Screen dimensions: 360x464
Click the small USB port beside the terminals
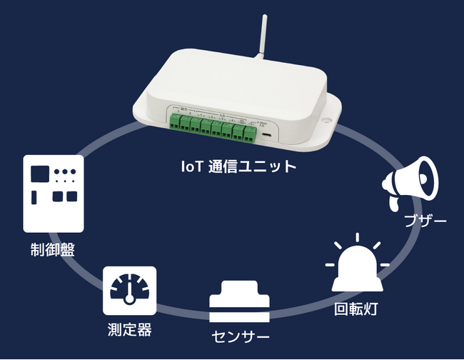point(266,134)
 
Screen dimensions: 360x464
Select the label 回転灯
point(356,311)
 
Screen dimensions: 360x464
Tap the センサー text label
point(241,336)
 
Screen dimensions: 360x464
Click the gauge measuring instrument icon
point(129,291)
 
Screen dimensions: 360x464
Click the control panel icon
point(54,193)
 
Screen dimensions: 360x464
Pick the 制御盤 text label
point(53,250)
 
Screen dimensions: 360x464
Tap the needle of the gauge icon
point(129,293)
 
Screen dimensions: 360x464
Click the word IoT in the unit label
point(191,166)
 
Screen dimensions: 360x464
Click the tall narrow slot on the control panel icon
point(36,198)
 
